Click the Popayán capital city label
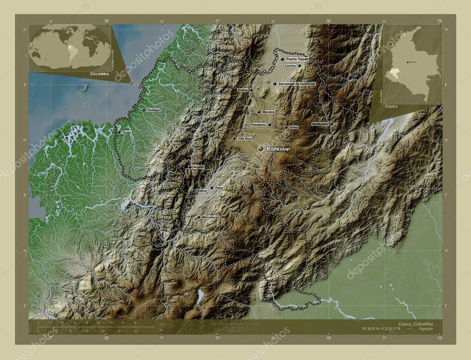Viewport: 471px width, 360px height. (x=278, y=149)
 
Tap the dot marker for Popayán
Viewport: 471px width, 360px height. (x=261, y=149)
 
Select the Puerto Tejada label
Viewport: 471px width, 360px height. (x=297, y=59)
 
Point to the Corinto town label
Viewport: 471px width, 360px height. (x=290, y=66)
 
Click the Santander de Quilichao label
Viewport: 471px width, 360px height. (x=297, y=84)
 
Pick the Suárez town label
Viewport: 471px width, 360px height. (x=243, y=90)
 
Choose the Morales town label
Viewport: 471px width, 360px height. (x=269, y=112)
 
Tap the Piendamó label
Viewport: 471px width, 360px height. (x=258, y=125)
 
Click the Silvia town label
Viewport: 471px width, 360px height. (x=293, y=127)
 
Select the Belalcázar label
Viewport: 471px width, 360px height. (x=320, y=124)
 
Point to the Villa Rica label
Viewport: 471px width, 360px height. (x=244, y=138)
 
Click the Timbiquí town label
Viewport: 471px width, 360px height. (x=153, y=110)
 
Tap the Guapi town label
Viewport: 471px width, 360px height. (x=127, y=132)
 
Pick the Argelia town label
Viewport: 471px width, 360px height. (x=198, y=167)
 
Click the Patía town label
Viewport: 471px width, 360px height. (x=219, y=188)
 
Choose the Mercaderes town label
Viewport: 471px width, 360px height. (x=210, y=217)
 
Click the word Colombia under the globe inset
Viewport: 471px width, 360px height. (x=99, y=74)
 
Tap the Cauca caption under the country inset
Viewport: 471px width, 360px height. (x=391, y=106)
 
